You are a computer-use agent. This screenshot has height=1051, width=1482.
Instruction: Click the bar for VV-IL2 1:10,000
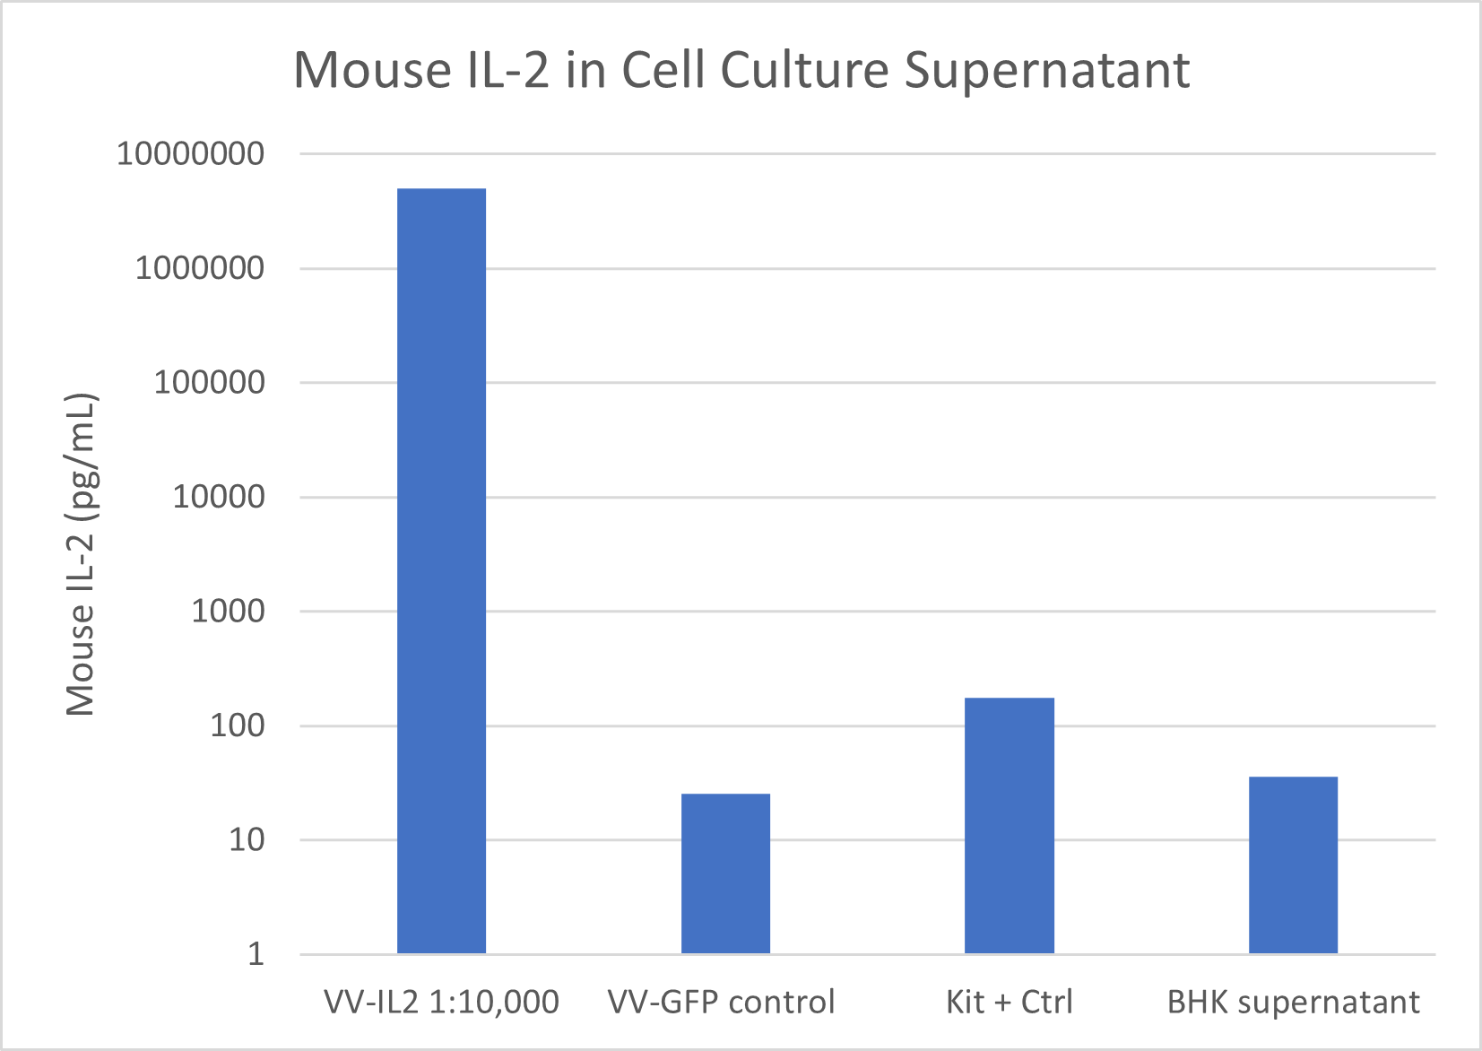(441, 570)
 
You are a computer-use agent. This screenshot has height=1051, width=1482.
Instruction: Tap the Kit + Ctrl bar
(1009, 825)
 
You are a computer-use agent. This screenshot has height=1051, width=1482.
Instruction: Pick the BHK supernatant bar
(1293, 864)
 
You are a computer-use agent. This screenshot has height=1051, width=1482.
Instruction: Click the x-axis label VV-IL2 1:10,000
(441, 1002)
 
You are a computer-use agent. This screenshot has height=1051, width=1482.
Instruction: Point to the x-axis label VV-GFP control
(721, 1002)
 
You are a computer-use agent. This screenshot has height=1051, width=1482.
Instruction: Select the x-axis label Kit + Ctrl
(1009, 1002)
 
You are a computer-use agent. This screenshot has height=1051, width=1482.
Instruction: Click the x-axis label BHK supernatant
(1293, 1002)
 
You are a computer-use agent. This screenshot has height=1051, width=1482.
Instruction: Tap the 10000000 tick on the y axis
(191, 153)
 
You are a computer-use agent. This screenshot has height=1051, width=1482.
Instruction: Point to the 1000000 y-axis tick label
(200, 268)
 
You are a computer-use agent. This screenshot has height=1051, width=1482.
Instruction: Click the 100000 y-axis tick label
(209, 383)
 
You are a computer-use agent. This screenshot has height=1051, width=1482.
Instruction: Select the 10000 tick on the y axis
(219, 497)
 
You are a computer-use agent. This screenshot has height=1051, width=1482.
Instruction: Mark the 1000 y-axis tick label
(228, 612)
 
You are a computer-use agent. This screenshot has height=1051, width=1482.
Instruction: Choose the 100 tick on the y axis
(238, 725)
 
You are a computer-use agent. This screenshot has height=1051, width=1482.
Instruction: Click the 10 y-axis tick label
(247, 840)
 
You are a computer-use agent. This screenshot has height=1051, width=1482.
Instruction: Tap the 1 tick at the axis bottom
(256, 954)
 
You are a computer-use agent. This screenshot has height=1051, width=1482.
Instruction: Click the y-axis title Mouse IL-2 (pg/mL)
(81, 553)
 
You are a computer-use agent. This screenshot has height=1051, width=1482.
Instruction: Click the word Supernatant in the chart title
(1046, 70)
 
